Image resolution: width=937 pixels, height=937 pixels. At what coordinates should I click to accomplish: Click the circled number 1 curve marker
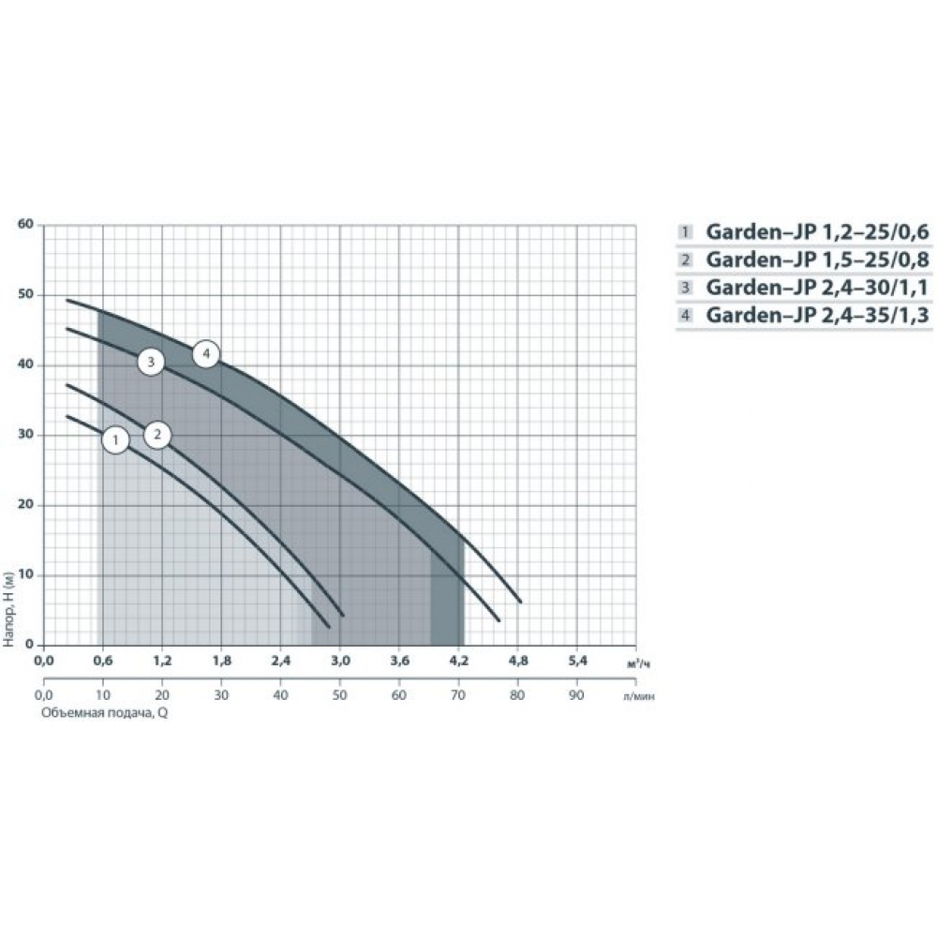pos(115,440)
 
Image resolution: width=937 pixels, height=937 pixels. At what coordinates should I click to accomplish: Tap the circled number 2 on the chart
pos(157,435)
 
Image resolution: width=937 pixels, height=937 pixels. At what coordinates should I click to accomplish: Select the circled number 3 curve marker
pos(151,362)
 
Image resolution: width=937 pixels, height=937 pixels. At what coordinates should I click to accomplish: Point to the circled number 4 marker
pos(206,354)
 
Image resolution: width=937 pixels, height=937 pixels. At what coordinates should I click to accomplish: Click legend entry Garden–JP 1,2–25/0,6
pos(817,231)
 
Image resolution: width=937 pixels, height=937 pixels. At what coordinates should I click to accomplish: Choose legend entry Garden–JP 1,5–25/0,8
pos(817,260)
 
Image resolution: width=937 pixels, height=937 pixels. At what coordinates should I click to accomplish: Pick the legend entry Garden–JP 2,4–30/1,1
pos(817,288)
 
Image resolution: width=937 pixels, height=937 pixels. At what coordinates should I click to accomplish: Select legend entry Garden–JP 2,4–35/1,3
pos(817,314)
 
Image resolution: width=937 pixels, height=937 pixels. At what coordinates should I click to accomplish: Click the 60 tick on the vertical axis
pos(25,224)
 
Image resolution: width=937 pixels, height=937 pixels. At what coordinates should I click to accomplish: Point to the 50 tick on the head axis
pos(25,294)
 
